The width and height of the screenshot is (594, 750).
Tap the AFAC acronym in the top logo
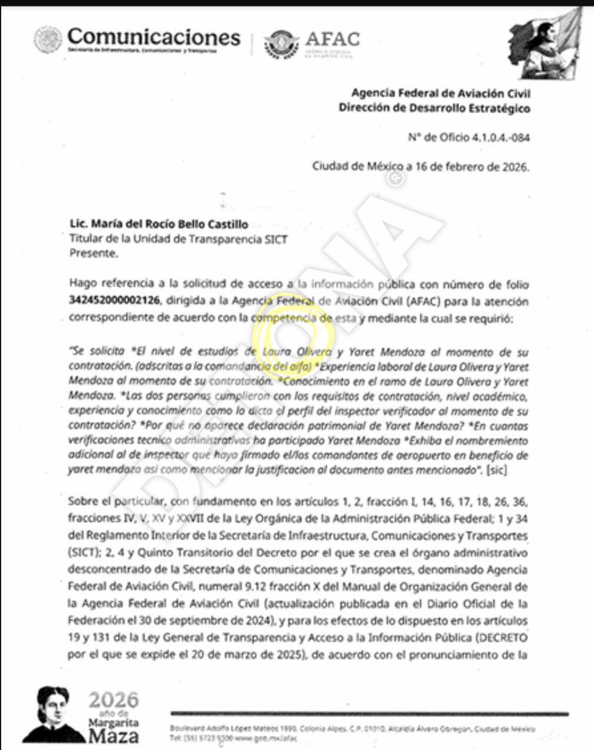[x=332, y=39]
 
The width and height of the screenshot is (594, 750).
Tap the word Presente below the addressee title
[x=93, y=254]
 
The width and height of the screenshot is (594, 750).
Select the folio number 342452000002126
[x=114, y=301]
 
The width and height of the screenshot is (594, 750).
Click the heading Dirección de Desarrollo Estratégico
[x=434, y=108]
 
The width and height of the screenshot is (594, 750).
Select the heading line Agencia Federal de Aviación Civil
[x=440, y=93]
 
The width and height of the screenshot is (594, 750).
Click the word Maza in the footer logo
[x=114, y=735]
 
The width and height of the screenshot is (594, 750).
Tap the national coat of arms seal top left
[x=47, y=40]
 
